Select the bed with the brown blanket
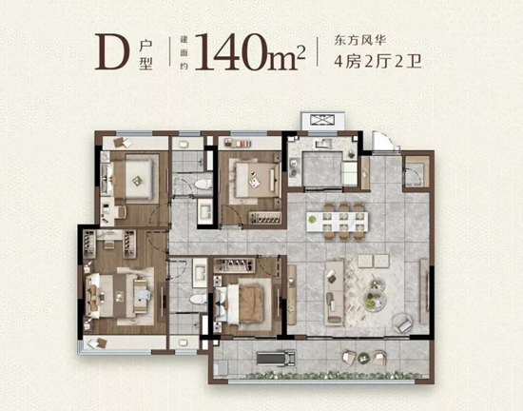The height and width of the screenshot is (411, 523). pos(245,302)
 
